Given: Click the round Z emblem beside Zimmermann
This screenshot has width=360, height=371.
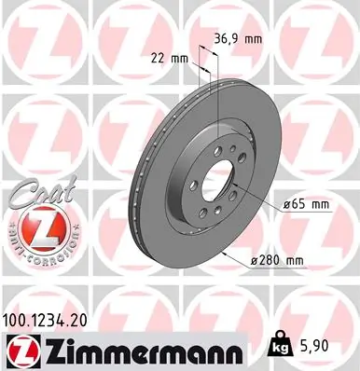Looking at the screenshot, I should (x=18, y=348).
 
